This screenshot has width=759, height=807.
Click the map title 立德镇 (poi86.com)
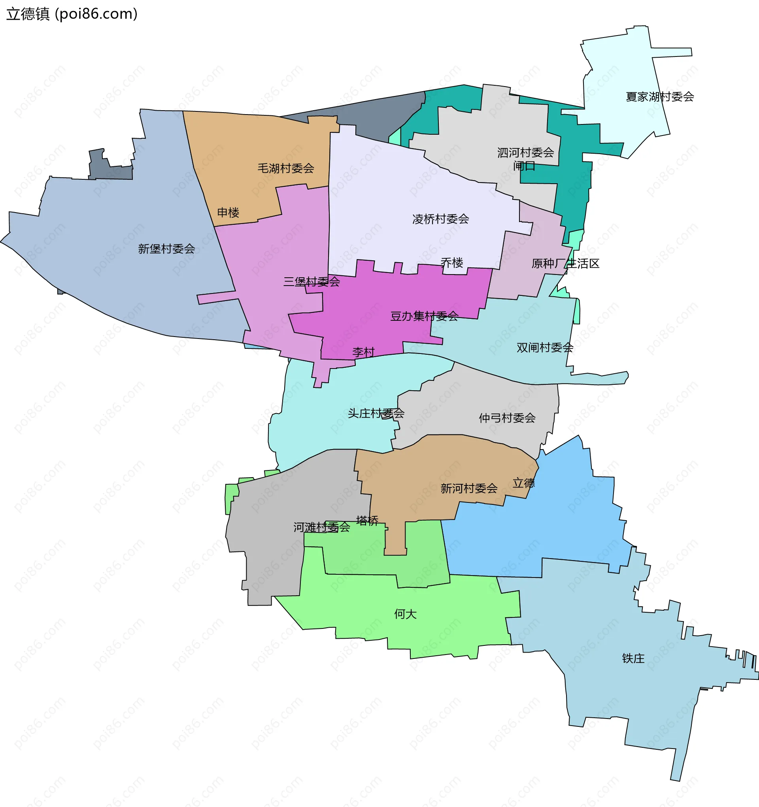(x=72, y=14)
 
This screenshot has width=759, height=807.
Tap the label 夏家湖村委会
(x=659, y=97)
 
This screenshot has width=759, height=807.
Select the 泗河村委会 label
(x=525, y=152)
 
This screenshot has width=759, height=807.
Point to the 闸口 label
(x=524, y=166)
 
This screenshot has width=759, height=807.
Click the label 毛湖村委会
(x=286, y=168)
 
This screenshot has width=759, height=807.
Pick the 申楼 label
(x=228, y=212)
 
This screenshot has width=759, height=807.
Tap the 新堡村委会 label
(x=166, y=249)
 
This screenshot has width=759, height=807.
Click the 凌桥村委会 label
(x=440, y=219)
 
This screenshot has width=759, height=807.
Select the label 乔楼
(x=452, y=263)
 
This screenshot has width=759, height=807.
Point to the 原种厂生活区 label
(x=565, y=263)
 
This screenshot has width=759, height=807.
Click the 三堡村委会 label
(x=312, y=281)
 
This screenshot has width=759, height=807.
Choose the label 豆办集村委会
(x=424, y=316)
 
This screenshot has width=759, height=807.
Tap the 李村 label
(x=363, y=352)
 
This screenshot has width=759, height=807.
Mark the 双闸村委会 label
(x=545, y=348)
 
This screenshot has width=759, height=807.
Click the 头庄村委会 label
(x=376, y=413)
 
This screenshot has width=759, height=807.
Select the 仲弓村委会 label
(x=507, y=418)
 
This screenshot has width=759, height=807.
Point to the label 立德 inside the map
(x=523, y=483)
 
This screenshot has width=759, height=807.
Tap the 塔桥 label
(x=367, y=520)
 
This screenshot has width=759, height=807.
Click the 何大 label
(x=405, y=614)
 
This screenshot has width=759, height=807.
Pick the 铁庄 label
(x=633, y=658)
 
